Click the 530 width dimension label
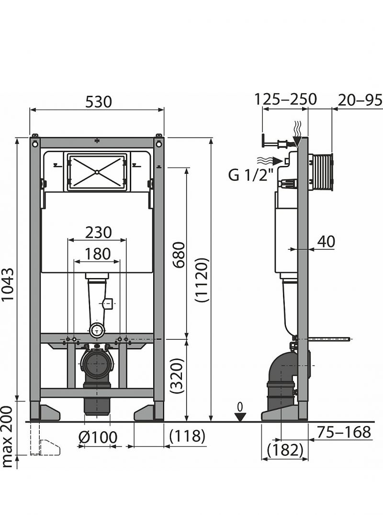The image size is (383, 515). point(99,102)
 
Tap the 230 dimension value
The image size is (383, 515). point(98,233)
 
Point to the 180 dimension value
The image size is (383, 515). point(98,254)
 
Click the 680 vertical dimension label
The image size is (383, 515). point(180,255)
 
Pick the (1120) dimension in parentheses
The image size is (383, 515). point(202,280)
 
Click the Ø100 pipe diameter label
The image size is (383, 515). point(98,437)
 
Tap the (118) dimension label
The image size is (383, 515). point(187,436)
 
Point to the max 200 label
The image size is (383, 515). point(7,437)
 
